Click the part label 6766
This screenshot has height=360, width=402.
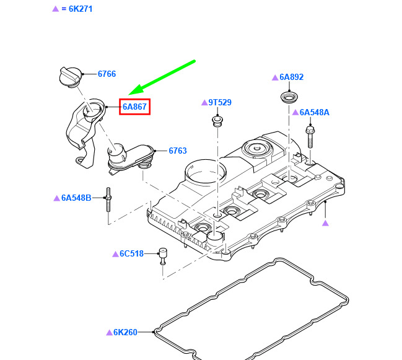107,74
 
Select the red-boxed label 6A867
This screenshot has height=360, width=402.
134,107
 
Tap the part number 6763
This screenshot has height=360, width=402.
178,151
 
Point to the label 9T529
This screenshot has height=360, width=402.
220,102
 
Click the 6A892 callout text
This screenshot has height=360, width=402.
291,77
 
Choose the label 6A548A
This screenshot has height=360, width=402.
314,112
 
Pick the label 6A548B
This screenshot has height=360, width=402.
76,198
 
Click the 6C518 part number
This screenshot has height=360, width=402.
131,253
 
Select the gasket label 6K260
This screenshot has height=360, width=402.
125,332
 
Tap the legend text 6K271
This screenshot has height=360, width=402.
81,9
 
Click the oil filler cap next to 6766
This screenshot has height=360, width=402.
71,76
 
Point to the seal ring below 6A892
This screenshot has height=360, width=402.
289,98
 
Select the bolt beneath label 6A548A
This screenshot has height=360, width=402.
310,137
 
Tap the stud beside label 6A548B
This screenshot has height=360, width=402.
108,200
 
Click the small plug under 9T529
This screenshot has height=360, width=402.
217,121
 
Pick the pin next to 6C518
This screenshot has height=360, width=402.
163,256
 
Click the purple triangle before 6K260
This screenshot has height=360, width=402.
110,332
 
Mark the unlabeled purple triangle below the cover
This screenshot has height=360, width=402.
325,223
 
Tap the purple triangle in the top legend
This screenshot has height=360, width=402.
56,9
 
